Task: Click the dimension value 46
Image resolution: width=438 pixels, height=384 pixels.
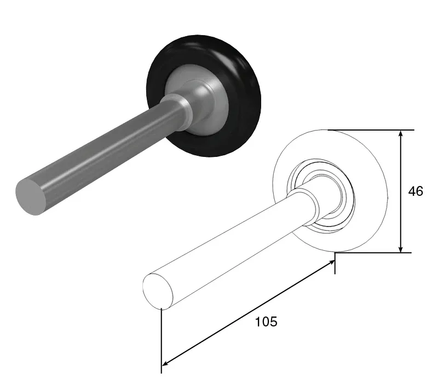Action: pyautogui.click(x=416, y=191)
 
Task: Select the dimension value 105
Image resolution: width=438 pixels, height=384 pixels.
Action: pyautogui.click(x=266, y=322)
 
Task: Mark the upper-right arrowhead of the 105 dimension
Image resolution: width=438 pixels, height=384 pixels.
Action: pyautogui.click(x=332, y=264)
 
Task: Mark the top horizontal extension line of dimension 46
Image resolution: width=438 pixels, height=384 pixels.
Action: pyautogui.click(x=372, y=130)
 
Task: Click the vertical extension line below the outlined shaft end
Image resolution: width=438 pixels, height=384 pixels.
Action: pyautogui.click(x=162, y=340)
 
